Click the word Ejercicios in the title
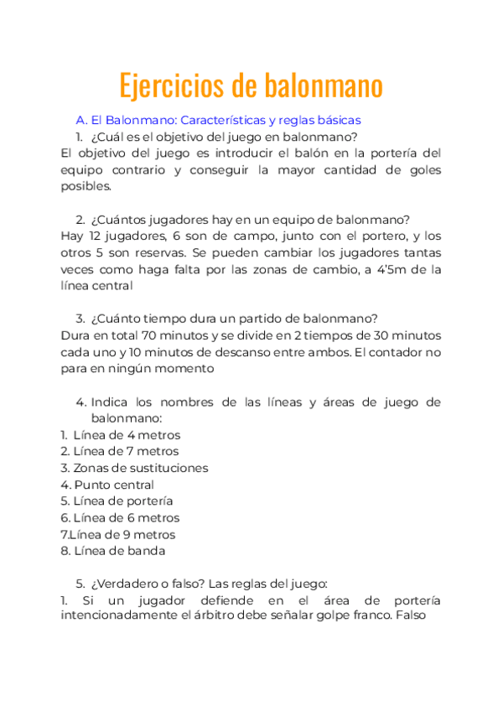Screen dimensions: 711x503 (x=172, y=86)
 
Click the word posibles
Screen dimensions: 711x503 (x=86, y=186)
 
